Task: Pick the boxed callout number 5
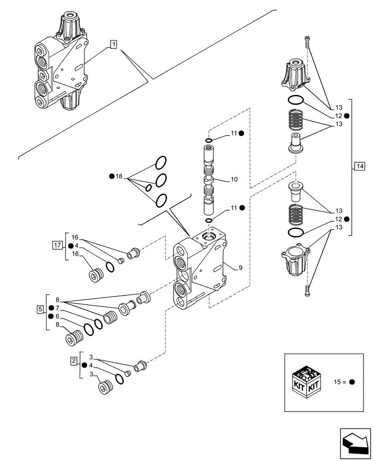tap(40, 308)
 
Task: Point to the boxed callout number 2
tap(73, 361)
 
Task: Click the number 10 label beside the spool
tap(234, 179)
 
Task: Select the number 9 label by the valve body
tap(240, 267)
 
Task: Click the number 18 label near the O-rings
tap(119, 177)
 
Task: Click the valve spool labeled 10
tap(209, 180)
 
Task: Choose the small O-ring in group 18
tap(148, 188)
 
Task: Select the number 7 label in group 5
tap(57, 308)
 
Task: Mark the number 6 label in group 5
tap(57, 316)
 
